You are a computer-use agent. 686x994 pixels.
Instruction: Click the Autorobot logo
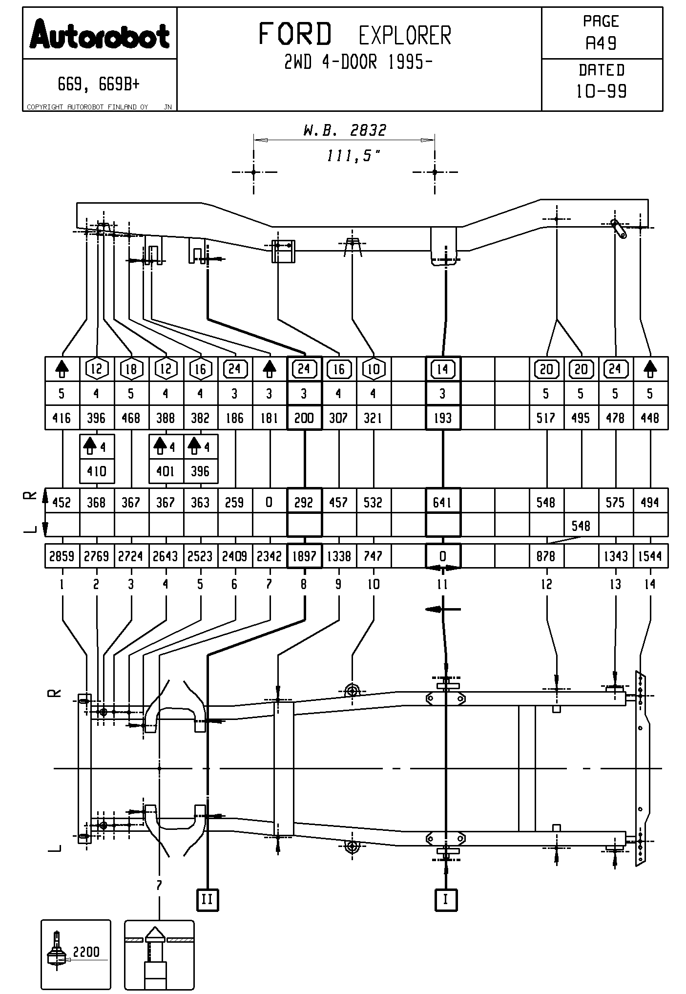click(100, 34)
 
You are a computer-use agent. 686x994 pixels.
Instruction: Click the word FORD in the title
click(294, 34)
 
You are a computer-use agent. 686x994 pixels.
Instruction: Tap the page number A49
click(601, 43)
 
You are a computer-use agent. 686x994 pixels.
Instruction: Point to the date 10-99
click(601, 91)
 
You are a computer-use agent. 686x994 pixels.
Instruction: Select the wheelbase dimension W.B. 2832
click(345, 130)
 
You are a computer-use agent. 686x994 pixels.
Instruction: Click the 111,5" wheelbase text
click(353, 156)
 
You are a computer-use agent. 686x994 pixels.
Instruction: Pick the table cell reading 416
click(62, 418)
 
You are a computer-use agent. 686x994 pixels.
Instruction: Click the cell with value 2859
click(62, 556)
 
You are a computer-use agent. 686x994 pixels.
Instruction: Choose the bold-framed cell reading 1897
click(304, 556)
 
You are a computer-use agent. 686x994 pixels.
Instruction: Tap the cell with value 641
click(442, 503)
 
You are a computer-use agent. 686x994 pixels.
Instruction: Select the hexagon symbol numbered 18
click(131, 369)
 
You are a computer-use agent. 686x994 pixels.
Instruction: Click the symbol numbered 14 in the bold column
click(442, 369)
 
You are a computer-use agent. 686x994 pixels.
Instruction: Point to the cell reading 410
click(97, 471)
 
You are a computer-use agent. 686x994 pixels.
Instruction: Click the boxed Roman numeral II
click(208, 899)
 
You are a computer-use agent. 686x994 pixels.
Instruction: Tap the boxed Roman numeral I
click(445, 899)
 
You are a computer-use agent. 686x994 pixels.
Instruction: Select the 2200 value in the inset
click(86, 952)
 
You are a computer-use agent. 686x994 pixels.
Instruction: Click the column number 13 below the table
click(615, 584)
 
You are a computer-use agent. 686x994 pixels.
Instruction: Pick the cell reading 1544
click(650, 556)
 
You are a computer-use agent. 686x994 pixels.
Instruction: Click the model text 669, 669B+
click(99, 85)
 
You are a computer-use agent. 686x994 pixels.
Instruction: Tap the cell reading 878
click(546, 556)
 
